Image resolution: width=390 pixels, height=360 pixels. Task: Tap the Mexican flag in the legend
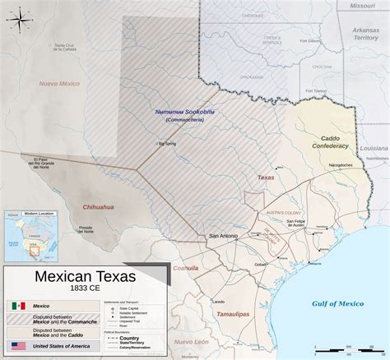[20, 306]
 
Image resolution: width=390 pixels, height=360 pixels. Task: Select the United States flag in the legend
[20, 346]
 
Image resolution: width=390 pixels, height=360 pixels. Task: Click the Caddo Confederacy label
[336, 141]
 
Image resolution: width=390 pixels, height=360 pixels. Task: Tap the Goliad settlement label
[261, 264]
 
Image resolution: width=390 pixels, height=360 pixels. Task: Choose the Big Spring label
[168, 143]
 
